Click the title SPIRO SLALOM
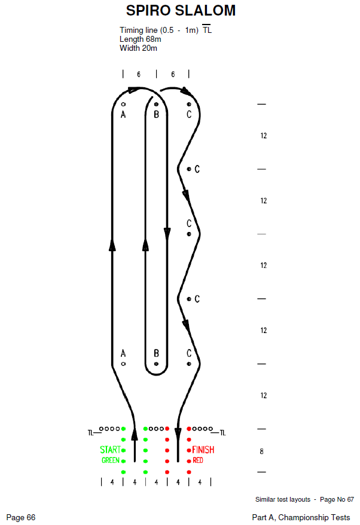point(181,10)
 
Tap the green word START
point(110,450)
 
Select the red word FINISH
point(203,450)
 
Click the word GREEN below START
point(111,460)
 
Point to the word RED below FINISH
point(197,460)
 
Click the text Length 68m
point(141,39)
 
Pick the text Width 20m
point(138,48)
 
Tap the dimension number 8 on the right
point(261,451)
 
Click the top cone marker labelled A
point(123,105)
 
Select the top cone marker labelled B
point(156,105)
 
